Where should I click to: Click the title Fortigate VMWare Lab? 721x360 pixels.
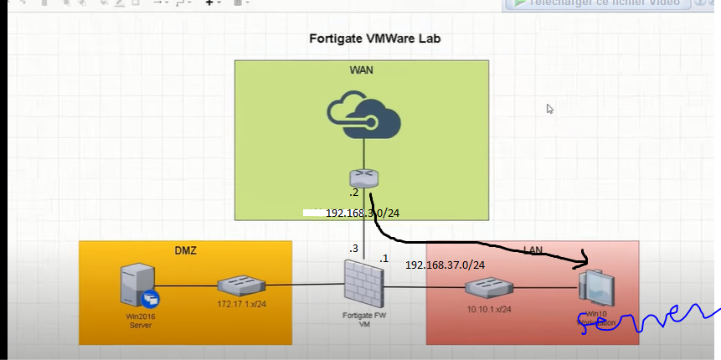coord(374,39)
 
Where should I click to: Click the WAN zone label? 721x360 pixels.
coord(361,69)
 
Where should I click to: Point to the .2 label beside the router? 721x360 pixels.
coord(354,193)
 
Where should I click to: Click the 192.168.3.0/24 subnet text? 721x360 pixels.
coord(363,213)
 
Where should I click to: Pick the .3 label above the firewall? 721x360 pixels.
coord(354,249)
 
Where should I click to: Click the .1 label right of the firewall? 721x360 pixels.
coord(384,259)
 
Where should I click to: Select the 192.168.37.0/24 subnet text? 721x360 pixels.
coord(445,265)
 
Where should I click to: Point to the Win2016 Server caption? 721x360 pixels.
coord(139,320)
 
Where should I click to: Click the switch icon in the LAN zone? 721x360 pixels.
coord(489,289)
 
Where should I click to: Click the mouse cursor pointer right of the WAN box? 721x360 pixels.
coord(549,109)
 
